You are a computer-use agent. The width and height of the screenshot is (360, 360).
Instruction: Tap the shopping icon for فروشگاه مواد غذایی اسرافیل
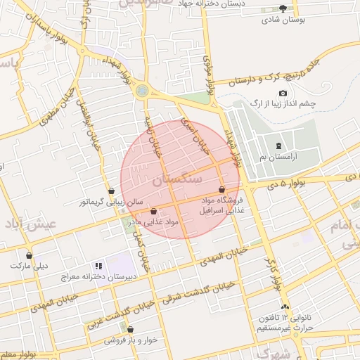(222, 190)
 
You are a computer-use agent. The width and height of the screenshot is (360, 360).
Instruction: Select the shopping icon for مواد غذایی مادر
(153, 211)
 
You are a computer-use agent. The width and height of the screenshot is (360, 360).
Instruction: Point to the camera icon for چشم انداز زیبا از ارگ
(283, 94)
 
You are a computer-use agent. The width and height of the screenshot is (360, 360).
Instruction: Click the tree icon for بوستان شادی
(283, 8)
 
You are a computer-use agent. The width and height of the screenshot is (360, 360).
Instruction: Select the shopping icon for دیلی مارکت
(29, 255)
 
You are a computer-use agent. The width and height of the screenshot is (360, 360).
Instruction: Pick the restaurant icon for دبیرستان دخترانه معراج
(98, 266)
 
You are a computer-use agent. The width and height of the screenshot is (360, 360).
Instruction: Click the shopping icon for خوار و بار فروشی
(130, 329)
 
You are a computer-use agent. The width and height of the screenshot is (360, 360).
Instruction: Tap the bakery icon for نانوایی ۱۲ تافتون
(285, 307)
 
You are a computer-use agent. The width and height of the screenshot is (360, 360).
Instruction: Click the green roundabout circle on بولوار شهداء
(143, 90)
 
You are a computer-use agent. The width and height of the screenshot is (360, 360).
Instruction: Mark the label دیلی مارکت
(29, 266)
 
